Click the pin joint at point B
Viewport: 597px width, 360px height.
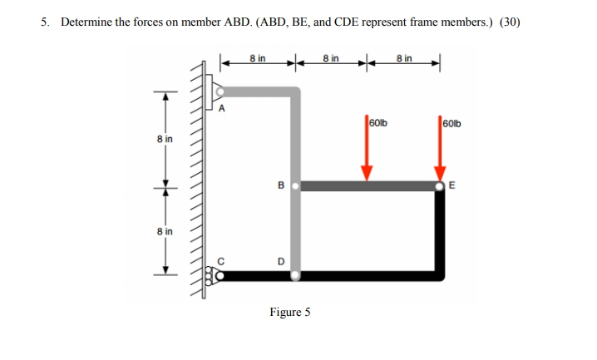[x=294, y=185]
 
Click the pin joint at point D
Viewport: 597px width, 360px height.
[x=294, y=274]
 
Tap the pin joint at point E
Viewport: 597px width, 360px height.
[x=441, y=185]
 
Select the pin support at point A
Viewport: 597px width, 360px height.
[x=218, y=89]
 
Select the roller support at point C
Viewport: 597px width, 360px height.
[x=219, y=274]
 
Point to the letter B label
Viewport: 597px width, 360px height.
[x=280, y=185]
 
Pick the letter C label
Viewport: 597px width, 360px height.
[x=220, y=259]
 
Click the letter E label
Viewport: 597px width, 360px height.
[x=453, y=186]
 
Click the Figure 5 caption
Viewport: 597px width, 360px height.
[x=289, y=313]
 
